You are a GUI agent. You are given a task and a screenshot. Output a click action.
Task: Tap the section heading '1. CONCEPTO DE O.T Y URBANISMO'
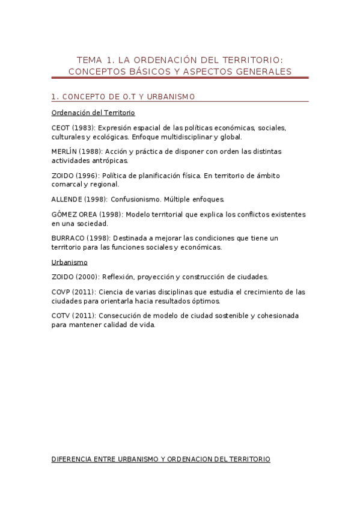click(x=123, y=97)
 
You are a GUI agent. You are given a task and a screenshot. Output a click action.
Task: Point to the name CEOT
click(x=61, y=127)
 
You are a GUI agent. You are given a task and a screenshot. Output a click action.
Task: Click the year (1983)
click(x=84, y=127)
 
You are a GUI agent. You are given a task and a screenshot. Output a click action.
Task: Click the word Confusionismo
click(x=135, y=199)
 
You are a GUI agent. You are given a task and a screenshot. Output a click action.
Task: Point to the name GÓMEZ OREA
click(x=76, y=214)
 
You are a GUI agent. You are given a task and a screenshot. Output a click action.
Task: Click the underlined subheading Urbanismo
click(x=70, y=262)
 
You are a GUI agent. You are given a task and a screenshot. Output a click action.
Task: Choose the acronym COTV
click(x=61, y=316)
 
